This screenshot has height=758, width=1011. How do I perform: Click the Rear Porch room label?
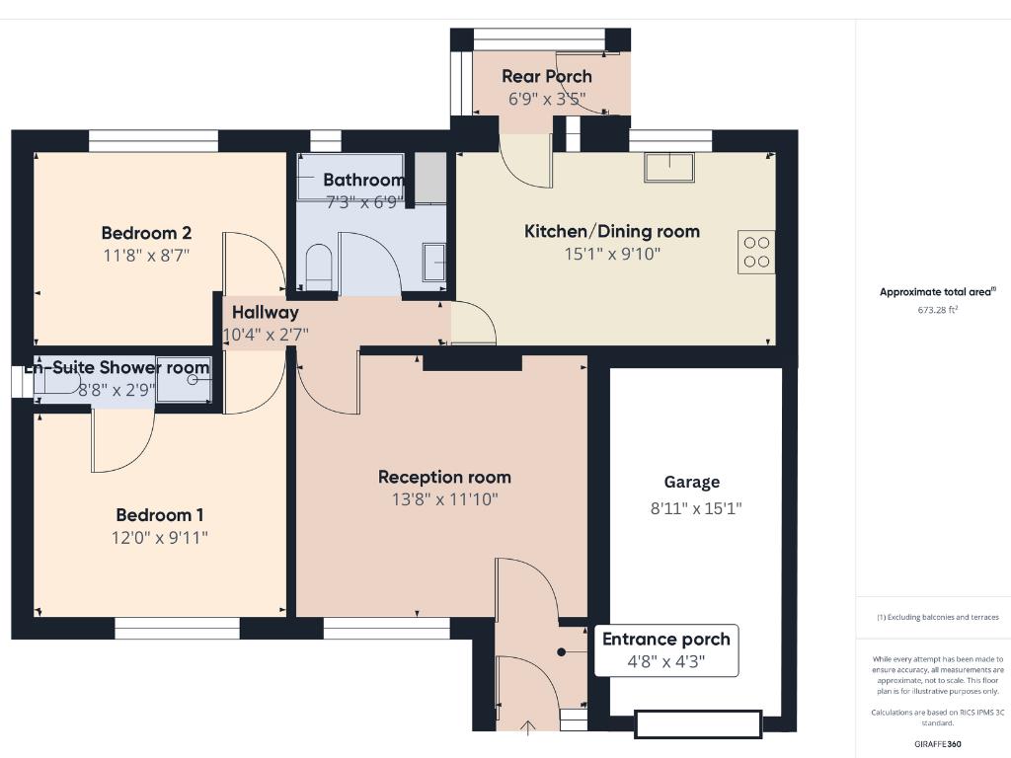pyautogui.click(x=547, y=76)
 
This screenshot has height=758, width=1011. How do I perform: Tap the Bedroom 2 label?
pyautogui.click(x=146, y=233)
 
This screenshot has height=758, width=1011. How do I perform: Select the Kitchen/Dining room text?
pyautogui.click(x=611, y=231)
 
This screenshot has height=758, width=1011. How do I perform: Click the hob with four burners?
pyautogui.click(x=756, y=252)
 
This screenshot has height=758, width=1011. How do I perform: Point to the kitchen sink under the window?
pyautogui.click(x=669, y=168)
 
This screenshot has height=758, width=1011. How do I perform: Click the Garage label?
pyautogui.click(x=691, y=482)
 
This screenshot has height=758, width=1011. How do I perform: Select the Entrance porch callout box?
pyautogui.click(x=666, y=650)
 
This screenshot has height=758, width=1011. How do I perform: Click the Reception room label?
pyautogui.click(x=444, y=477)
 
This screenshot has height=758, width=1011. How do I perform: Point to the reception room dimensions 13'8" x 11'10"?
pyautogui.click(x=444, y=500)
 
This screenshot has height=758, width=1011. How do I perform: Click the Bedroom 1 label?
pyautogui.click(x=160, y=514)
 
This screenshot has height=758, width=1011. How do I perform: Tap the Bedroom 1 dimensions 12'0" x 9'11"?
pyautogui.click(x=160, y=538)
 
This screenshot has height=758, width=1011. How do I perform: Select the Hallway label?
pyautogui.click(x=265, y=312)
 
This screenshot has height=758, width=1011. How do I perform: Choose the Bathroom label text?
pyautogui.click(x=363, y=180)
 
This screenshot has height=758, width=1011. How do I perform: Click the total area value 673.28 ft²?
pyautogui.click(x=938, y=310)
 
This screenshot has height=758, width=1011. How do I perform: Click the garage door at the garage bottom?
pyautogui.click(x=698, y=724)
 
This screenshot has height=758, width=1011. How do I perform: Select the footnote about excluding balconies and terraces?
pyautogui.click(x=938, y=617)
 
